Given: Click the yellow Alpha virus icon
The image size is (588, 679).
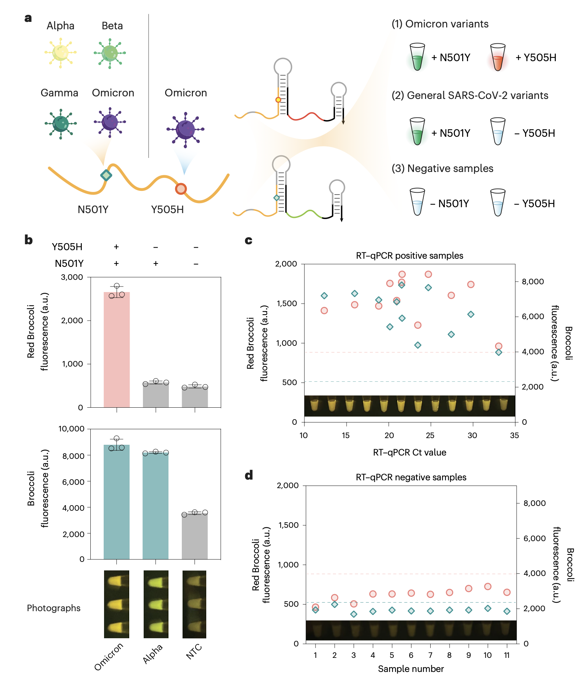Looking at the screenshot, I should pyautogui.click(x=60, y=53).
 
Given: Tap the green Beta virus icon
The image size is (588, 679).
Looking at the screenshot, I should pyautogui.click(x=110, y=53).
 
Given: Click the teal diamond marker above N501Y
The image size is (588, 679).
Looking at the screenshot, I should pyautogui.click(x=106, y=175).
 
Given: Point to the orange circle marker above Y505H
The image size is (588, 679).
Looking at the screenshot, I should pyautogui.click(x=181, y=189).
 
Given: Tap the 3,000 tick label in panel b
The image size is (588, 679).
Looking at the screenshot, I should pyautogui.click(x=72, y=277).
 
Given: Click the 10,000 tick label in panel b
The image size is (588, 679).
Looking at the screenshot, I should pyautogui.click(x=71, y=429).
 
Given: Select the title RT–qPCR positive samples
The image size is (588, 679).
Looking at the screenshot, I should pyautogui.click(x=410, y=256).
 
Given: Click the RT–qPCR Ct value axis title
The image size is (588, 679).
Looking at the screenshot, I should pyautogui.click(x=410, y=453).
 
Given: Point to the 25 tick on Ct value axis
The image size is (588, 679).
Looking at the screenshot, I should pyautogui.click(x=430, y=435).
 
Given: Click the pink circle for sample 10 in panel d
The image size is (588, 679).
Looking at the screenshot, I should pyautogui.click(x=488, y=586).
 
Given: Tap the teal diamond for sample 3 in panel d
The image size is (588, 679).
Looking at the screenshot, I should pyautogui.click(x=354, y=614).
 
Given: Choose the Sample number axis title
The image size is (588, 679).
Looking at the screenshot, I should pyautogui.click(x=411, y=669).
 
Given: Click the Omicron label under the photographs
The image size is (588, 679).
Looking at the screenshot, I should pyautogui.click(x=108, y=657).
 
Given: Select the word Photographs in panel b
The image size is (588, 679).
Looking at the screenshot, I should pyautogui.click(x=54, y=608).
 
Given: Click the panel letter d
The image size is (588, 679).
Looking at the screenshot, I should pyautogui.click(x=249, y=475).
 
